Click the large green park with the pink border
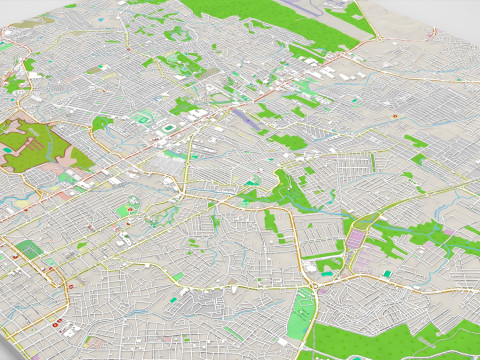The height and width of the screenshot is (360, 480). point(40,140)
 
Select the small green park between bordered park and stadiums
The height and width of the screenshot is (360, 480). point(102,123)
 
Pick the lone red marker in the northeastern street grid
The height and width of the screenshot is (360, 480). point(397,116)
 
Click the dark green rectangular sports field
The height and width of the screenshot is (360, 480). point(29,250)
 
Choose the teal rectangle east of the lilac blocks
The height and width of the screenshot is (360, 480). point(388,273)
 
